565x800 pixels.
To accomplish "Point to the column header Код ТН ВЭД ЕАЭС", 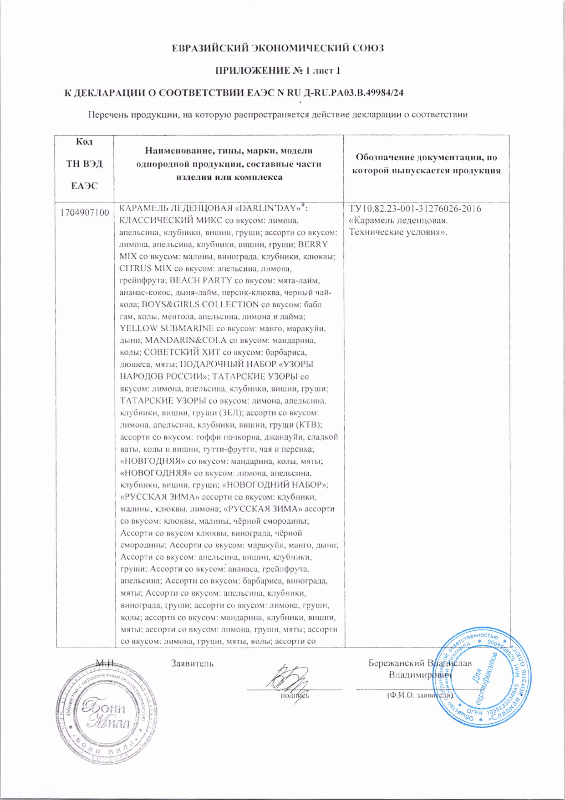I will (84, 163).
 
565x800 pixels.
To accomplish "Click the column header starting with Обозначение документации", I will (426, 164).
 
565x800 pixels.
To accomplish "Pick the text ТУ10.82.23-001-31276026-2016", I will (415, 209).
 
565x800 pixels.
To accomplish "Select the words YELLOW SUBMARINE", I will (166, 328).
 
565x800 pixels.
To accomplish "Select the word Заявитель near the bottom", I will (192, 663).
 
